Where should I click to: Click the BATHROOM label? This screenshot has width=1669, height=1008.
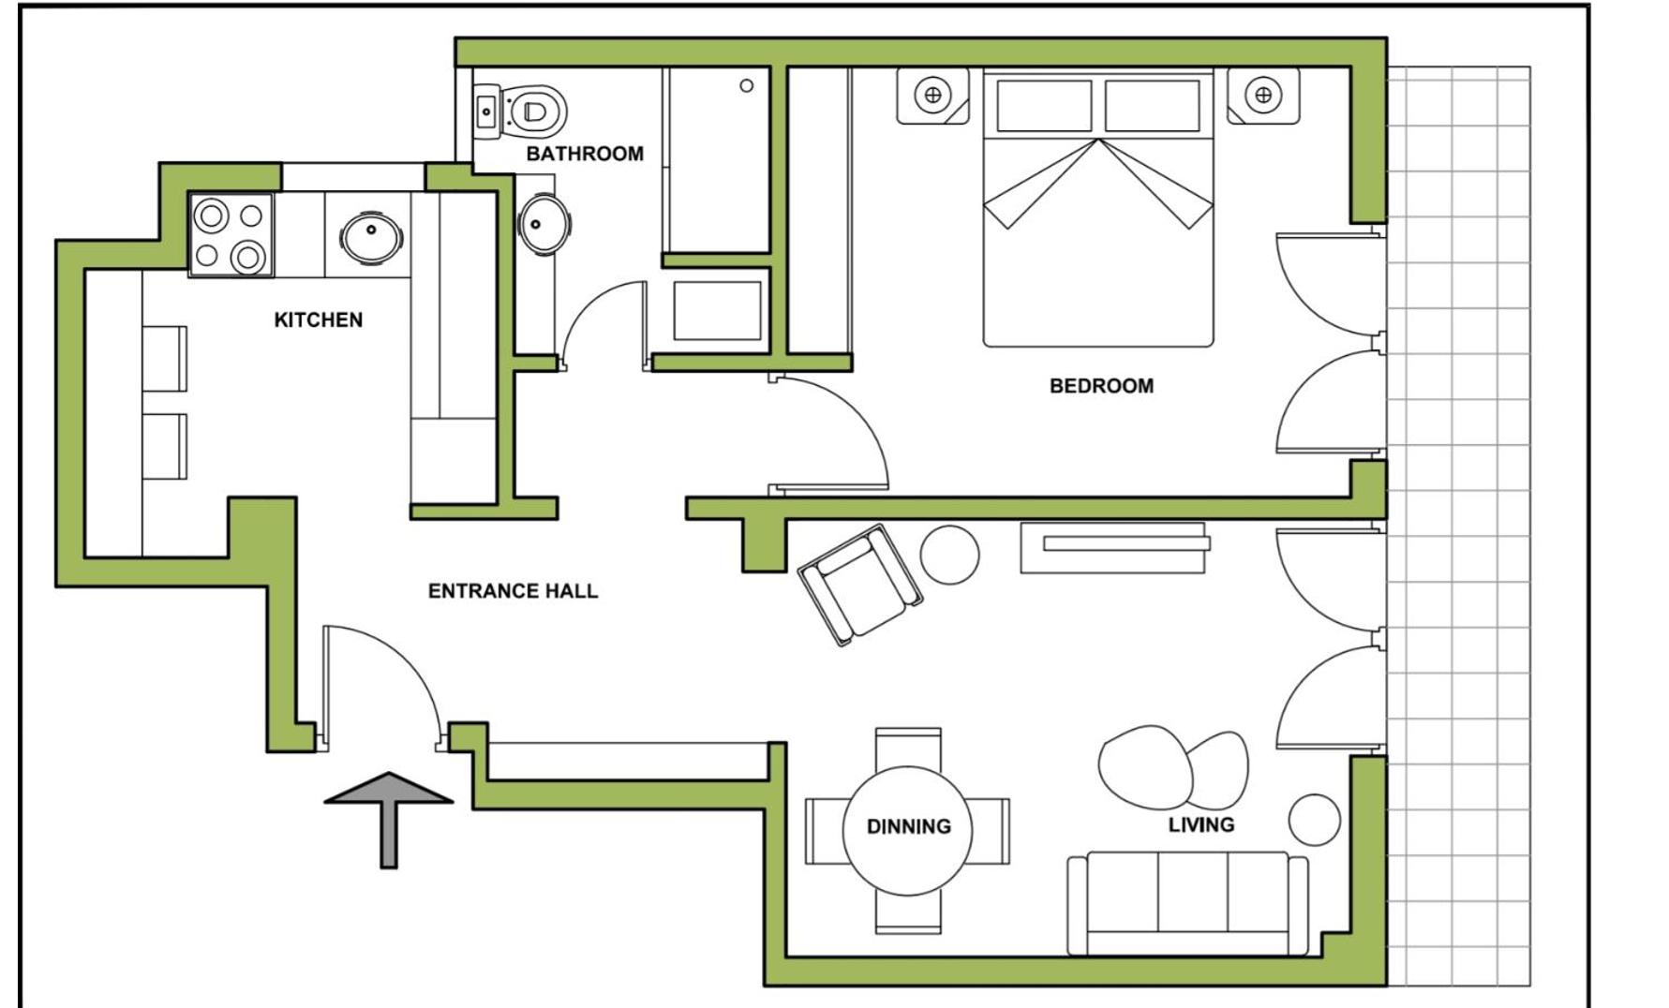click(x=585, y=154)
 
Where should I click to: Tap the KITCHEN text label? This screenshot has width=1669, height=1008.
click(x=319, y=320)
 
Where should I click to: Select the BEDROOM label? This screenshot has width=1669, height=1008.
click(x=1101, y=386)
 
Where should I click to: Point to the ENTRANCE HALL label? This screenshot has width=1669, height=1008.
click(x=513, y=591)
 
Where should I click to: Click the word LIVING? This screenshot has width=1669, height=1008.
click(x=1200, y=824)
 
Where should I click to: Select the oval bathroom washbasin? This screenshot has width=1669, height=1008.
click(x=545, y=224)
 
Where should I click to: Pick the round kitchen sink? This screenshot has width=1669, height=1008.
click(x=372, y=237)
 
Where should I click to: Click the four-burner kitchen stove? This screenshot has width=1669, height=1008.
click(x=231, y=235)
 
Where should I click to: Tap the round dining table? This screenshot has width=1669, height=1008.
click(x=907, y=831)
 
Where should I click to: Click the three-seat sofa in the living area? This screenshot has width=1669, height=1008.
click(x=1187, y=904)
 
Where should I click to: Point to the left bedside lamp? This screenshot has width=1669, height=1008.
click(x=932, y=95)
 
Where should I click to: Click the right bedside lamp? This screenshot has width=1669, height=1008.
click(x=1263, y=95)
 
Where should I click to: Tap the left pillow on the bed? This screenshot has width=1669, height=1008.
click(x=1044, y=105)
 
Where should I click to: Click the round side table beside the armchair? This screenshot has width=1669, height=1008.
click(x=949, y=555)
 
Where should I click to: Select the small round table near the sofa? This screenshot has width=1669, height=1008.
click(x=1315, y=820)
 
